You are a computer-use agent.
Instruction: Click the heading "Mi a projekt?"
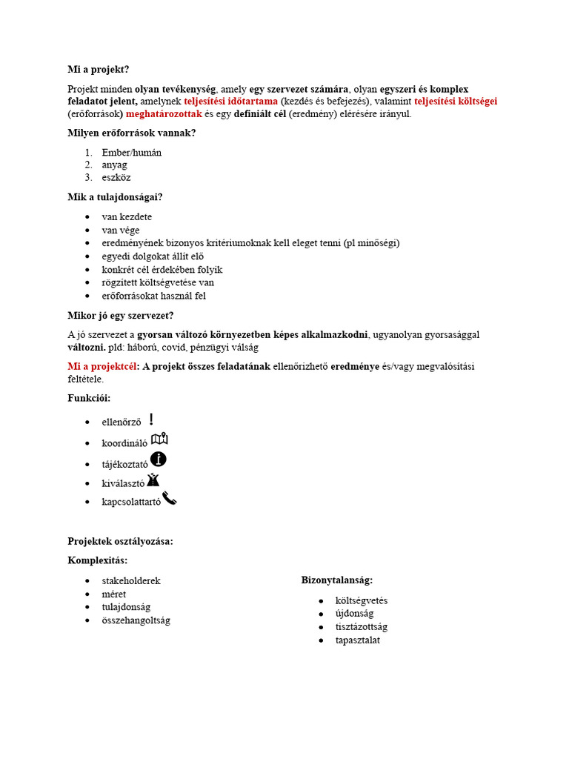[99, 70]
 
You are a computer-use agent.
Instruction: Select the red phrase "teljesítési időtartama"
[231, 102]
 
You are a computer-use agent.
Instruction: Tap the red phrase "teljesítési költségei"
[455, 102]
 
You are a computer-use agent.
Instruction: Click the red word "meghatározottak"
[164, 114]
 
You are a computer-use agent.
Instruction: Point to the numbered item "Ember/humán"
[132, 153]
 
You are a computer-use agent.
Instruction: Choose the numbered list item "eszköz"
[116, 178]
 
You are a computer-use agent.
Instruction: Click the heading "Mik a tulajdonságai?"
[116, 197]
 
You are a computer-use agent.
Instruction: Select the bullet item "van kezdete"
[127, 217]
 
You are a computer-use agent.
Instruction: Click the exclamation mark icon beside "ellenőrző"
[151, 420]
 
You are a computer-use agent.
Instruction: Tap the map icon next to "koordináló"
[159, 440]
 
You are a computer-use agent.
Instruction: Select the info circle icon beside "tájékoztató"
[158, 460]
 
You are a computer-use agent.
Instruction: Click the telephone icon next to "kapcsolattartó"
[170, 499]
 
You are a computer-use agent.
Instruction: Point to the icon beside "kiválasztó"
[153, 480]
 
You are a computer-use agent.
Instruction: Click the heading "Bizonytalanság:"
[337, 580]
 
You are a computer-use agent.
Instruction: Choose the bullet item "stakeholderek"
[131, 581]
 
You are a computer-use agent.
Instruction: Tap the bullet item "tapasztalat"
[357, 640]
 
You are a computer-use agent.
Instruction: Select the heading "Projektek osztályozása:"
[120, 542]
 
